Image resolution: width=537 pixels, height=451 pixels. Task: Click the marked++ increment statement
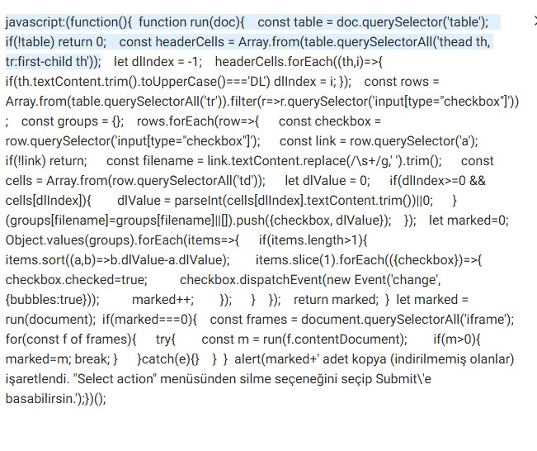[x=163, y=300]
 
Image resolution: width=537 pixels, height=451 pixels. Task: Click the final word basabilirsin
[x=39, y=399]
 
